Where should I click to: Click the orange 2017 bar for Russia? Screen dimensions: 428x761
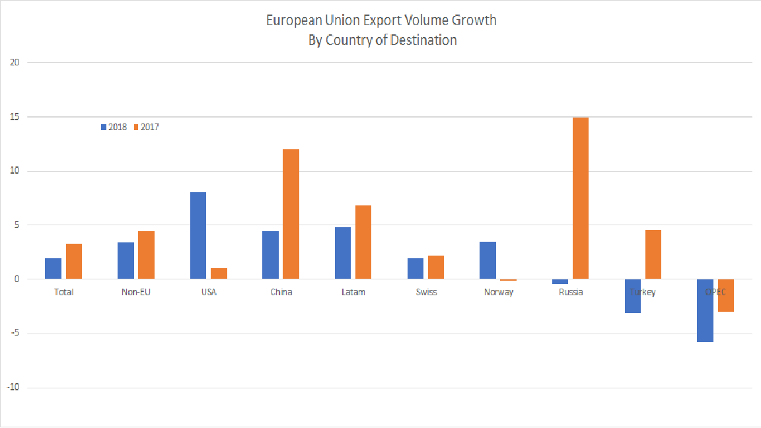[x=581, y=198]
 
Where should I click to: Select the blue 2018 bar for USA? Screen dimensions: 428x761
[x=198, y=236]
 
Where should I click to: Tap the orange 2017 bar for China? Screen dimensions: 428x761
[x=291, y=214]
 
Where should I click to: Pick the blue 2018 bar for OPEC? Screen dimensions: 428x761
[x=705, y=310]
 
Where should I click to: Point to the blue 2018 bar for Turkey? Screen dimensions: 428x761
[x=632, y=296]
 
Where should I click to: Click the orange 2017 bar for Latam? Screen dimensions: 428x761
[x=363, y=242]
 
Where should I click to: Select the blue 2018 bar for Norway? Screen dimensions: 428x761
[x=488, y=260]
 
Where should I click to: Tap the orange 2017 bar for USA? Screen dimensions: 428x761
[x=219, y=273]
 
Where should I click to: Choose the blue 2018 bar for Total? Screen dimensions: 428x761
[x=53, y=269]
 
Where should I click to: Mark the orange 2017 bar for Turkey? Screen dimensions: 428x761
[x=653, y=254]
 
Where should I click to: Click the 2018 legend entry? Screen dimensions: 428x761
[x=113, y=127]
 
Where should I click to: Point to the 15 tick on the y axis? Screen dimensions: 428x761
[x=15, y=117]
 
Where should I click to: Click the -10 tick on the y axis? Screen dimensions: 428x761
[x=14, y=388]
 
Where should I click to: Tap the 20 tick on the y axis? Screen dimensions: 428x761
[x=15, y=63]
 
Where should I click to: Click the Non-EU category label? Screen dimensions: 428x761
[x=135, y=292]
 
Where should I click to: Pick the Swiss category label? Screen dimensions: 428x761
[x=426, y=292]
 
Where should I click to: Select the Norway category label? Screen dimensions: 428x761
[x=499, y=292]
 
